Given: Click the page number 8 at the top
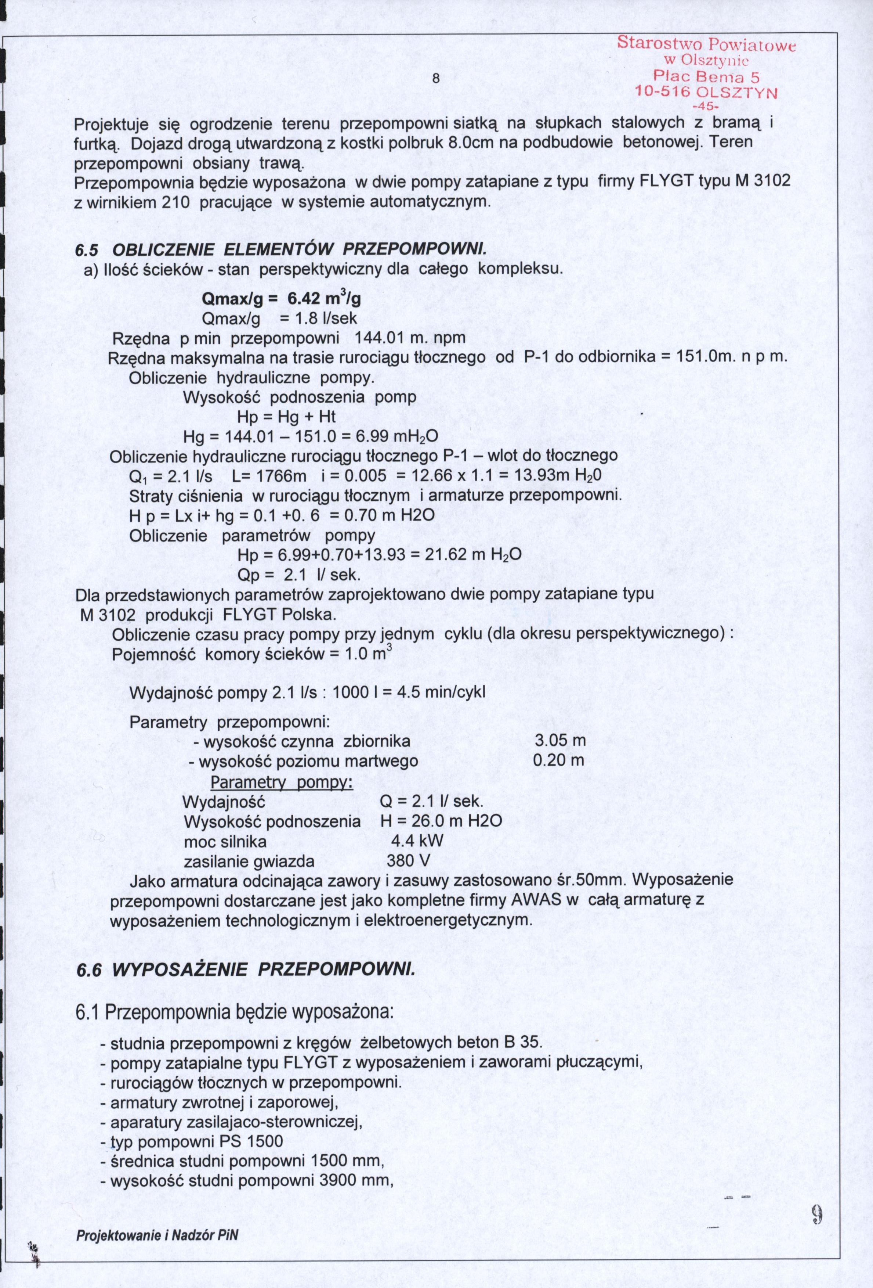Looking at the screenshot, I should (436, 79).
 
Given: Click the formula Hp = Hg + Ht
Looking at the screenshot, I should (286, 417).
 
